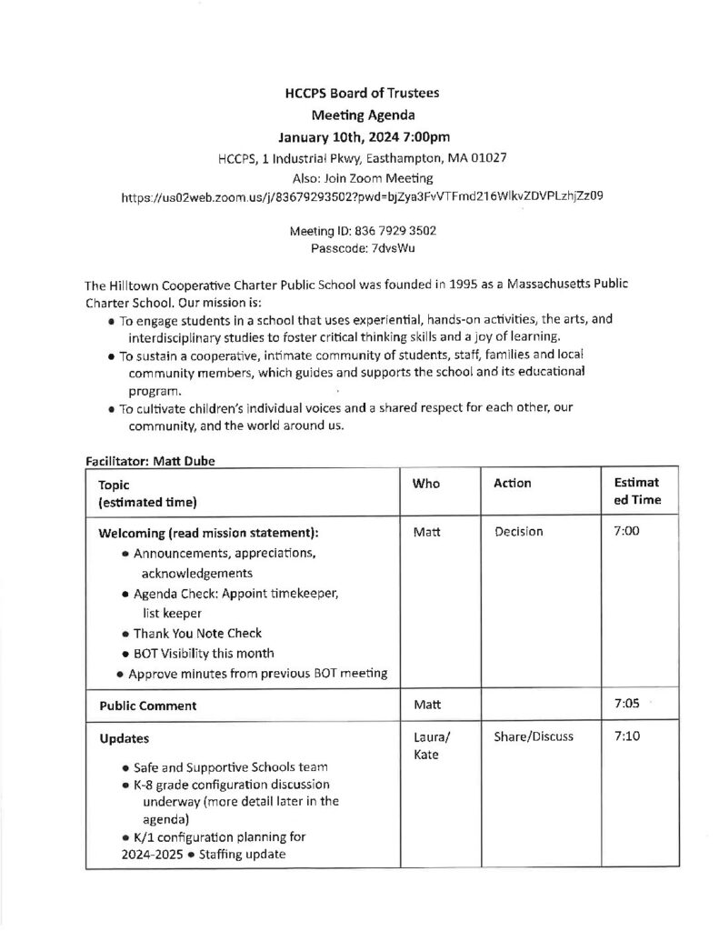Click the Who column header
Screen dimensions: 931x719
[425, 484]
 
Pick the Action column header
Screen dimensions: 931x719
[513, 484]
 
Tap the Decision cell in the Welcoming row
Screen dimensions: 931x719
[519, 532]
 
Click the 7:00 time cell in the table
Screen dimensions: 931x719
[627, 532]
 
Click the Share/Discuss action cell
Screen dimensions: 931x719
[534, 737]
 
